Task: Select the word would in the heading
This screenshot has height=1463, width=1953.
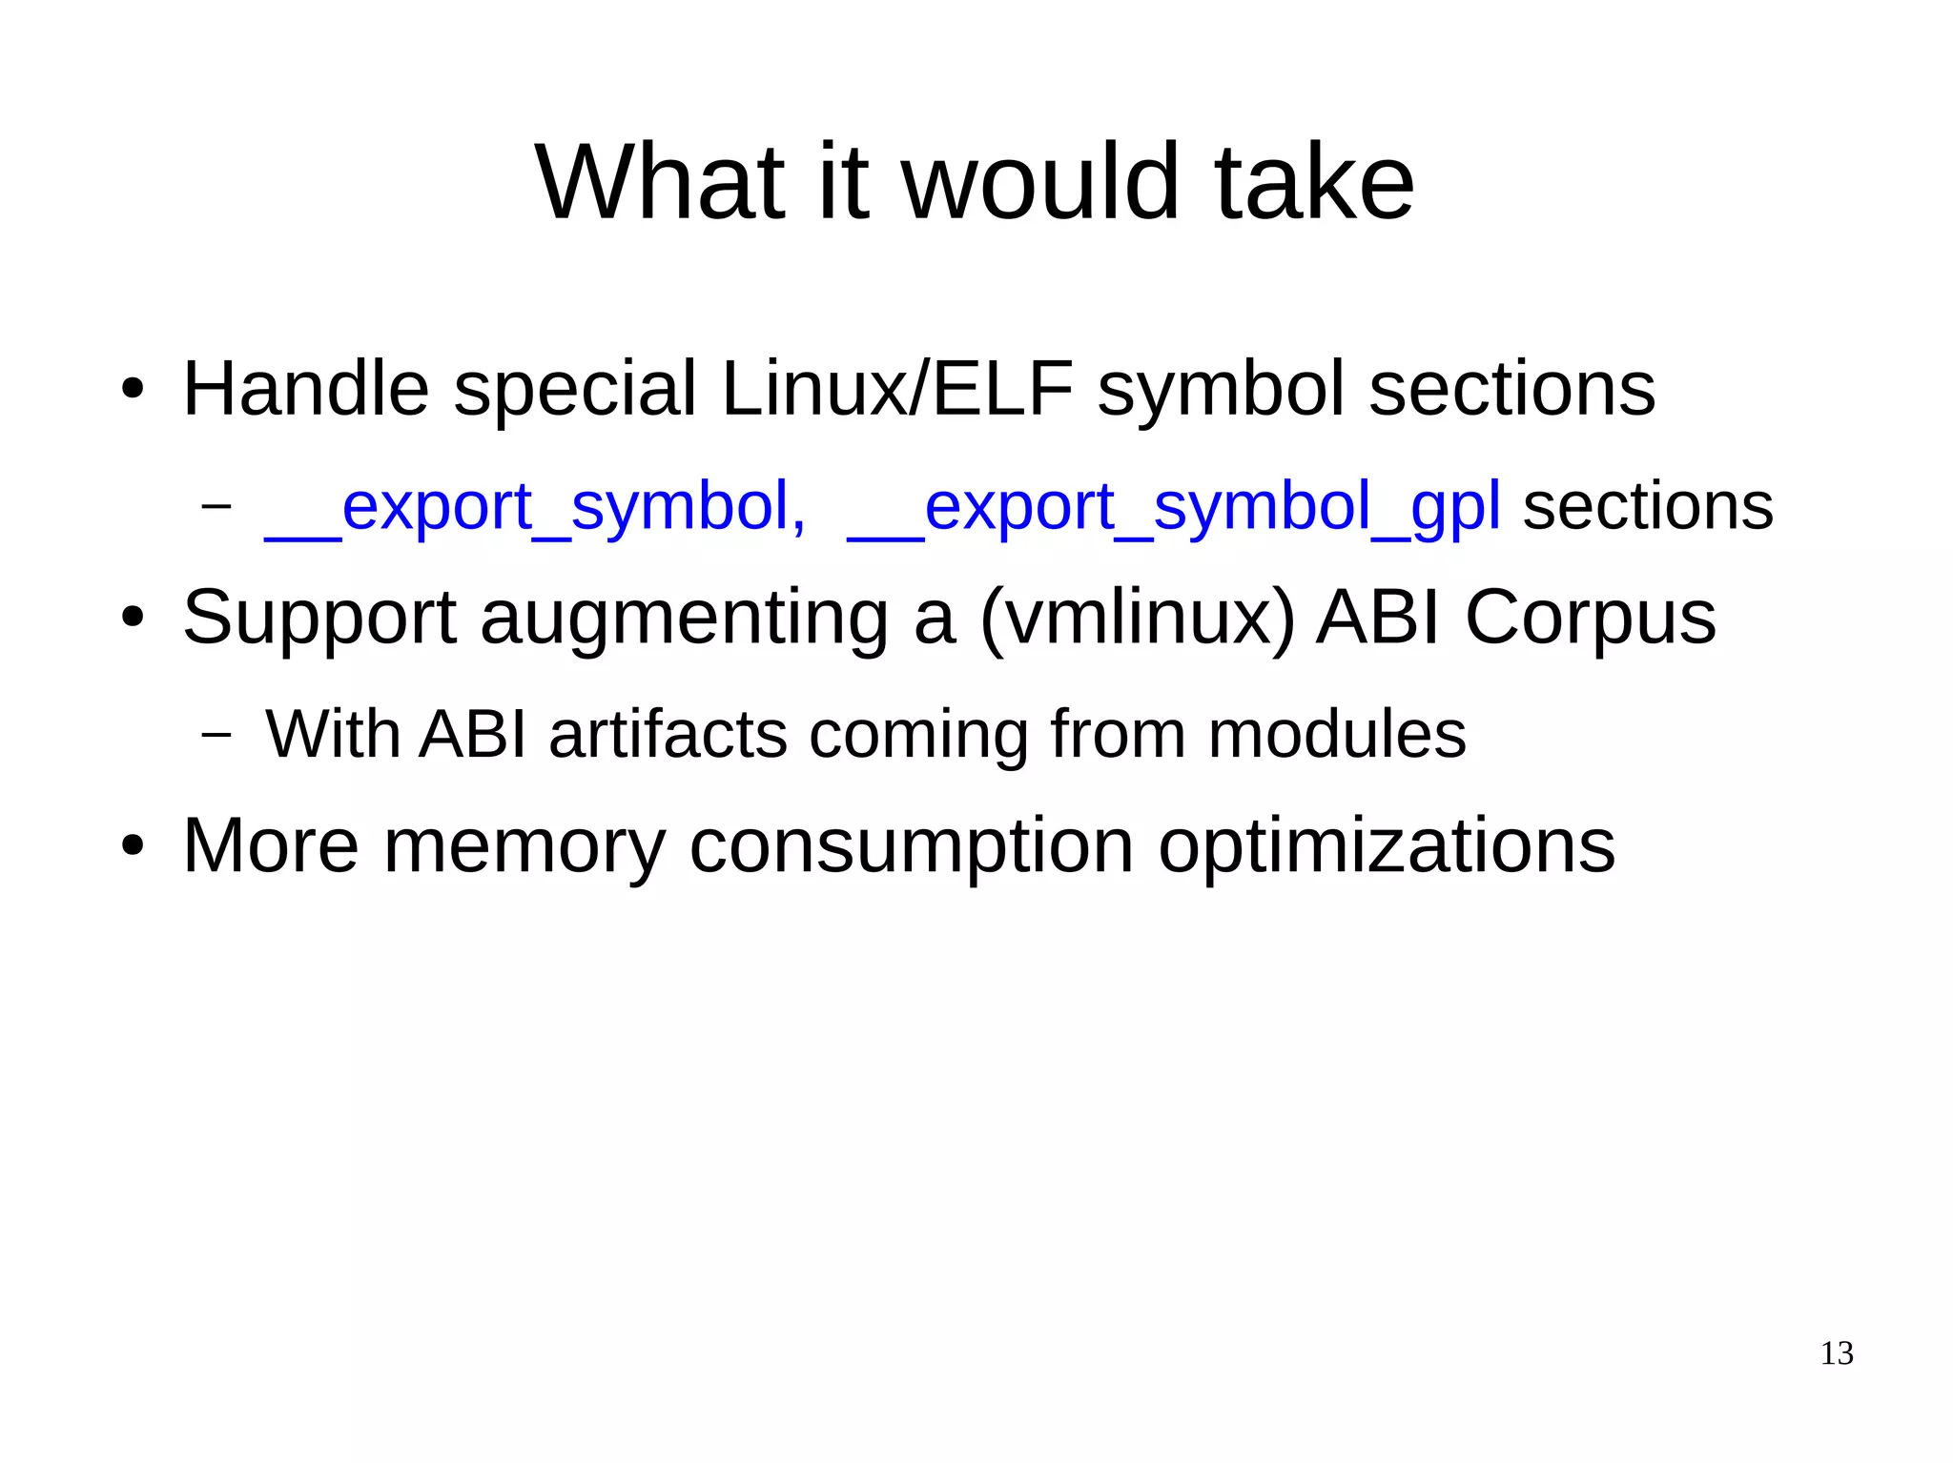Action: pos(1040,183)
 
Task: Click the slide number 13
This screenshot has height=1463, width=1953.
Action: pos(1837,1353)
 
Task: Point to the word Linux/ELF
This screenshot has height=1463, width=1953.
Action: pos(897,389)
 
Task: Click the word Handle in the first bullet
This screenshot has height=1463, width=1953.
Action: pos(305,389)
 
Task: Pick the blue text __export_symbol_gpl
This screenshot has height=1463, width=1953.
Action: pos(1173,507)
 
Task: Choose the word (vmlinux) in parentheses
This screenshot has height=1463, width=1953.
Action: pos(1137,618)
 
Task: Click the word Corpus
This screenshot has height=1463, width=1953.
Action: pos(1590,618)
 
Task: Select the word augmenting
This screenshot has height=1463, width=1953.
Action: pos(684,620)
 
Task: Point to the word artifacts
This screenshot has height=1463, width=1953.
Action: pos(668,734)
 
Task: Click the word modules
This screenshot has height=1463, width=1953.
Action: pos(1337,734)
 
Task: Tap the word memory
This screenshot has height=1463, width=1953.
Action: pos(524,846)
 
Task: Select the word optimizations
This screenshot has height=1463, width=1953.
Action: pos(1387,846)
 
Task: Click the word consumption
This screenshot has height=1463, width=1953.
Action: pos(911,846)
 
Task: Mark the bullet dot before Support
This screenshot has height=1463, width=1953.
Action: pos(133,618)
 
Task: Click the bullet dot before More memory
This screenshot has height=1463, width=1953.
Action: pos(133,846)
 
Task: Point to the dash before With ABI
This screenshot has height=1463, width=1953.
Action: pos(216,734)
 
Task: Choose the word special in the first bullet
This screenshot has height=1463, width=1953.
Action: pos(574,389)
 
